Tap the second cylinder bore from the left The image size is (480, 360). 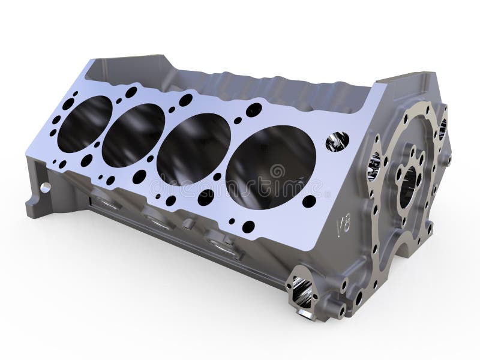pos(133,134)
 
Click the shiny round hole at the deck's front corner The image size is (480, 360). pos(337,141)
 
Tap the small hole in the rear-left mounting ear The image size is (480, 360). pos(45,188)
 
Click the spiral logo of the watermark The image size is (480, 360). pos(278,172)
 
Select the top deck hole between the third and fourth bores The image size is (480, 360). pos(254,110)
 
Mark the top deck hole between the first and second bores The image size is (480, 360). pos(131,92)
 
